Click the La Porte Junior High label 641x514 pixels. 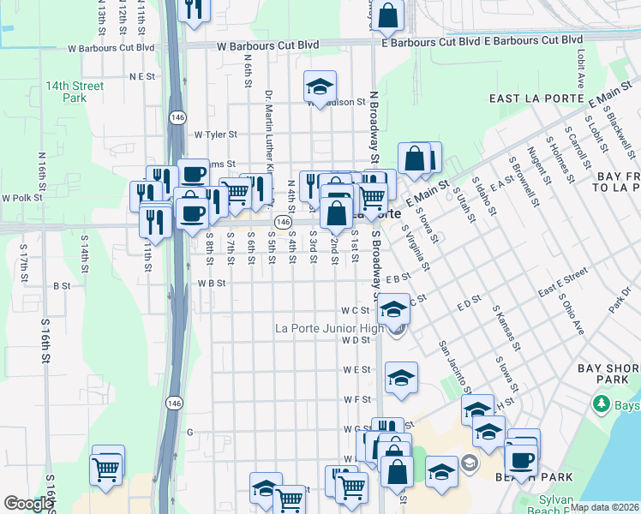329,327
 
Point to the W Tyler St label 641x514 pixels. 214,134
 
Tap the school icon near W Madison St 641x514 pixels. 320,87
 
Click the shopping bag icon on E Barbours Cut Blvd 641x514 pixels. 388,15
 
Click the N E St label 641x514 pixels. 141,76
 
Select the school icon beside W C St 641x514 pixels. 393,308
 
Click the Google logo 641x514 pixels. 29,504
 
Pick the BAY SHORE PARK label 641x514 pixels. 608,374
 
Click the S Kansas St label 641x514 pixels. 506,327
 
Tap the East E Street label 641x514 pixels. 563,282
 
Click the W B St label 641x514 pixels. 211,282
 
